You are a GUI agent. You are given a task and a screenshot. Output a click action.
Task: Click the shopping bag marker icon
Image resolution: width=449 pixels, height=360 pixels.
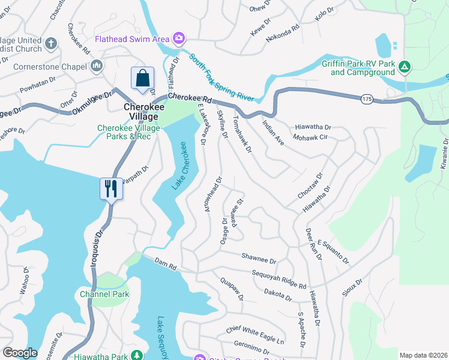click(x=142, y=79)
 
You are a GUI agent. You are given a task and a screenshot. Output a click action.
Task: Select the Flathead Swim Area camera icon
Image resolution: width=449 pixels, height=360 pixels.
click(x=178, y=39)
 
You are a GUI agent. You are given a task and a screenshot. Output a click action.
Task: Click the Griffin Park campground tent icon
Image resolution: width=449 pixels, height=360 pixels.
click(x=405, y=66)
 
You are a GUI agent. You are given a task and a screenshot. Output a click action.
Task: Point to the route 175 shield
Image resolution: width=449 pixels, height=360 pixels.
click(x=368, y=98)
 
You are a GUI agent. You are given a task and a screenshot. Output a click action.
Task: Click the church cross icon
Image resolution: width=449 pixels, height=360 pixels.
click(x=50, y=44)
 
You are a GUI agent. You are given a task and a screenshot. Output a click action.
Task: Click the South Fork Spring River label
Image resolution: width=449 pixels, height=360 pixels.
click(x=221, y=77)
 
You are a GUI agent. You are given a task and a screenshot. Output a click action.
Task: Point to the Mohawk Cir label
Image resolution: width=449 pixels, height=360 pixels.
click(x=310, y=137)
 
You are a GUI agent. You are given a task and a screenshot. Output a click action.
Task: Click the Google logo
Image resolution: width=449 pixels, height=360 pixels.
click(x=20, y=353)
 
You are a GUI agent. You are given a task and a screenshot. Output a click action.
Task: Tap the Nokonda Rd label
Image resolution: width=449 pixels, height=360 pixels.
click(x=285, y=31)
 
